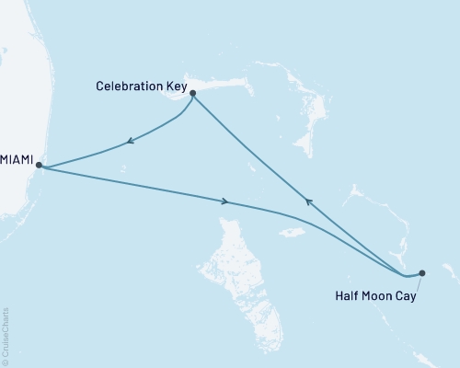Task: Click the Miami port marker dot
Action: point(39,167)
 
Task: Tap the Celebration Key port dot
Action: point(193,92)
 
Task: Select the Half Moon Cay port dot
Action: point(422,272)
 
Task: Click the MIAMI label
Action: point(17,160)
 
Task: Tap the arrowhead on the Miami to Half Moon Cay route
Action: point(224,201)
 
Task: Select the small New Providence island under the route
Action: point(293,231)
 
